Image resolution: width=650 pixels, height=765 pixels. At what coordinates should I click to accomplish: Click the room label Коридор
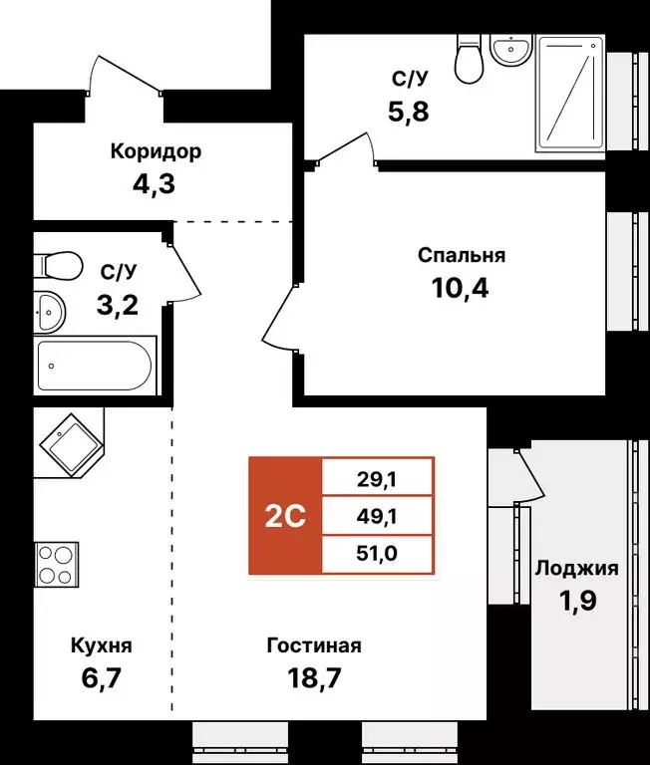point(156,151)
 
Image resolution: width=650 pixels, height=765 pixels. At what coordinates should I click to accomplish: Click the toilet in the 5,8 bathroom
point(468,59)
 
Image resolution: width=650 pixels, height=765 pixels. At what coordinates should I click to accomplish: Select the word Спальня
point(461,255)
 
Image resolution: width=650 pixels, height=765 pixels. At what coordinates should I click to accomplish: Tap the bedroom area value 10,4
point(461,289)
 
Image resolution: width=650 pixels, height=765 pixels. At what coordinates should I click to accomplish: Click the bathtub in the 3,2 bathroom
point(95,366)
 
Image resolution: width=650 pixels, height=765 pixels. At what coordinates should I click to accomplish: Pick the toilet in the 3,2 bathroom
point(58,266)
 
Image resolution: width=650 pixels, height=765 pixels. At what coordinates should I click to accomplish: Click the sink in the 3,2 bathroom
point(48,313)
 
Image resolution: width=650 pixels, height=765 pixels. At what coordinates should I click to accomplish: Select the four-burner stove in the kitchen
point(56,565)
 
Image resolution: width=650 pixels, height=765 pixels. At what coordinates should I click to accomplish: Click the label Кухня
point(102,645)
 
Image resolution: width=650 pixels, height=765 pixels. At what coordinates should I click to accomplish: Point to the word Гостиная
point(314,645)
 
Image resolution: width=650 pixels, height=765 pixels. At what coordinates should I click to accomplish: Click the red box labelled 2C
point(285,516)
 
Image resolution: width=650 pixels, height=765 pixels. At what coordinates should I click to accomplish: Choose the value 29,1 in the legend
point(377,478)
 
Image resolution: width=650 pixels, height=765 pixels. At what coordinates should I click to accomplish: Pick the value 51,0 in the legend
point(377,553)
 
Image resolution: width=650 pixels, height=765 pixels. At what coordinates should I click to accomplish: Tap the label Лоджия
point(576,569)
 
